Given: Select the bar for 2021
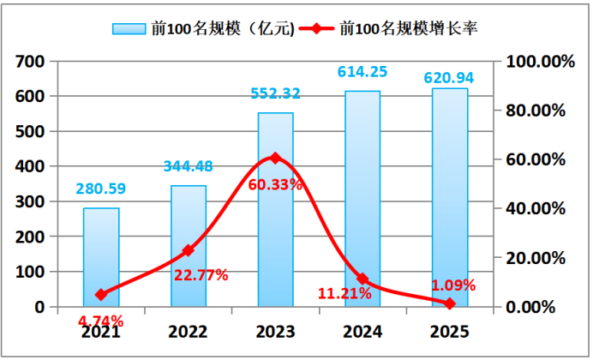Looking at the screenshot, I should (x=101, y=257).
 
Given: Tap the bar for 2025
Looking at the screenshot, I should (x=450, y=197).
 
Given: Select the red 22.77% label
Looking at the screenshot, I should (x=200, y=275).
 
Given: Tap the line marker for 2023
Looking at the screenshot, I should (x=275, y=158).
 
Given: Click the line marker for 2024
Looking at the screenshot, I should (x=362, y=279).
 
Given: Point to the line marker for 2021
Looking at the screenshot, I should (x=101, y=295).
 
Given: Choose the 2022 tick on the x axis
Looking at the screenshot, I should (x=189, y=330).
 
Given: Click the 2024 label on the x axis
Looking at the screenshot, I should (x=362, y=330).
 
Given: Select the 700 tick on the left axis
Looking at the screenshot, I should (x=29, y=62).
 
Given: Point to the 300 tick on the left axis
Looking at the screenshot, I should (x=29, y=201).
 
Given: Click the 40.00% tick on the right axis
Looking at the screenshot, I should (x=539, y=208).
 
